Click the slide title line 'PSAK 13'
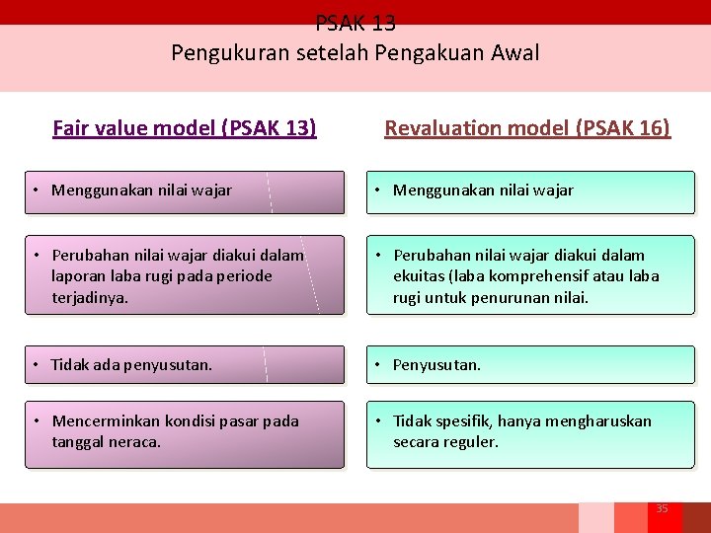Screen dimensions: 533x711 click(355, 23)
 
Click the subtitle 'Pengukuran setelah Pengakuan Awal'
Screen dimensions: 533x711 click(355, 52)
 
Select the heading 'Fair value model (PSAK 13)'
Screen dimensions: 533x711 click(185, 128)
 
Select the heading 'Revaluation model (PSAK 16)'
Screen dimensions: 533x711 click(527, 128)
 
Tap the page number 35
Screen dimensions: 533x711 click(662, 508)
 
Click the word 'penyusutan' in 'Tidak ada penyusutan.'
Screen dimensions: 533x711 click(170, 365)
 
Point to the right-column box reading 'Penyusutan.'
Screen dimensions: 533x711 click(530, 365)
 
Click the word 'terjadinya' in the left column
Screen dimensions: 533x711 click(89, 296)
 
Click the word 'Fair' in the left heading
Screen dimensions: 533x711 click(70, 128)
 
